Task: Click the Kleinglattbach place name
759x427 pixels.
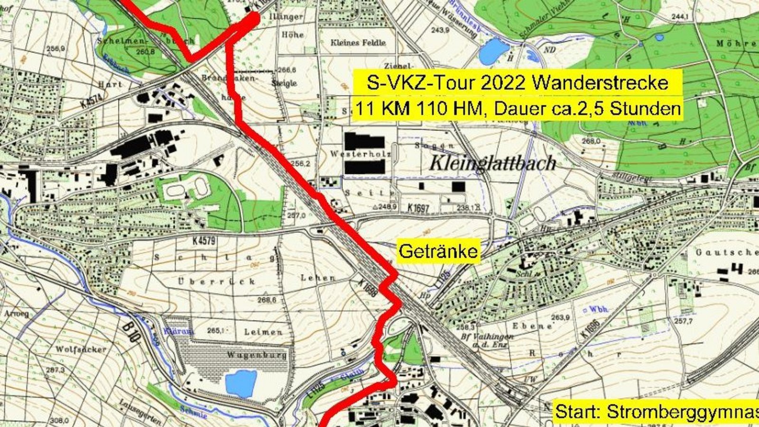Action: [x=492, y=163]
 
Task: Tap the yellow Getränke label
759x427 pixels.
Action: [x=438, y=251]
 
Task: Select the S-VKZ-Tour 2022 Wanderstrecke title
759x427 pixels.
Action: [x=517, y=83]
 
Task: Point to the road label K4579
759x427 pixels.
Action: [x=204, y=241]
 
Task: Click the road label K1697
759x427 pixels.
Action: [x=418, y=208]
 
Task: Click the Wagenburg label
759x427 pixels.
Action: [x=257, y=355]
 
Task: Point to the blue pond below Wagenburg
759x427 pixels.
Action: [x=241, y=383]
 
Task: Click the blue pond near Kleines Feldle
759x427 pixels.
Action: [x=493, y=51]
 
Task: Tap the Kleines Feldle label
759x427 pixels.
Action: [x=358, y=43]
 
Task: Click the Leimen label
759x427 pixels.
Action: [x=263, y=332]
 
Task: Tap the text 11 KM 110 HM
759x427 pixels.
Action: [x=422, y=109]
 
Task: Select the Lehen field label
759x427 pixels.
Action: [x=318, y=278]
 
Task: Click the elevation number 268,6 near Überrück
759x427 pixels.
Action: [x=267, y=300]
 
